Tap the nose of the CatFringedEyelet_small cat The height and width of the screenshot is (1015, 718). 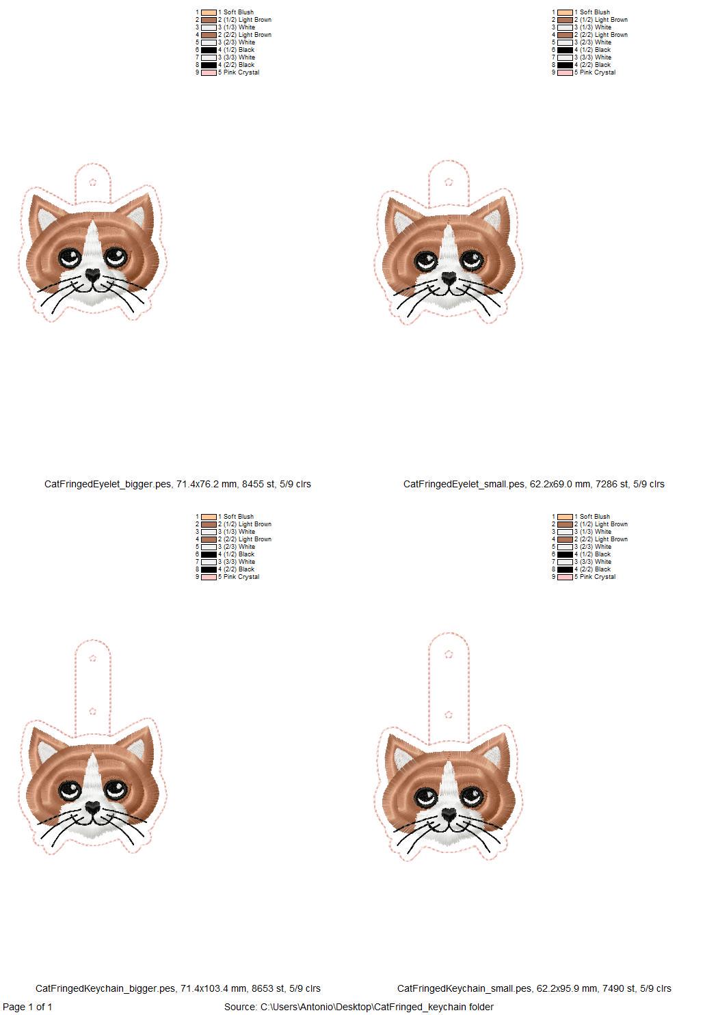[x=448, y=278]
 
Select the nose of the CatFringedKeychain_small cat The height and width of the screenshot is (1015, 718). [x=448, y=815]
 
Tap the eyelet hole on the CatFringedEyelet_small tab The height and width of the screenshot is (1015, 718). [x=449, y=181]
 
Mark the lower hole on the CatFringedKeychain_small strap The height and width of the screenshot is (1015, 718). [x=449, y=714]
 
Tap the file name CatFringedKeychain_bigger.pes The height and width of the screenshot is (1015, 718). [x=105, y=988]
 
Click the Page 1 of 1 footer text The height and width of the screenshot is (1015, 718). [x=27, y=1007]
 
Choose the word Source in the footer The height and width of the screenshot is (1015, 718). [x=240, y=1007]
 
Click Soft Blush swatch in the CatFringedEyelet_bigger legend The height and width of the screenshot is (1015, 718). [x=209, y=12]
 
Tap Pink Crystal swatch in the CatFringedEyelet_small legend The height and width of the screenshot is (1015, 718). [x=565, y=72]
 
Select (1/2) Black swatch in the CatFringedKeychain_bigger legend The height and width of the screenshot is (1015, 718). [x=209, y=554]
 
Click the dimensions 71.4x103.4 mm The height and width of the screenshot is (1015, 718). [x=212, y=988]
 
